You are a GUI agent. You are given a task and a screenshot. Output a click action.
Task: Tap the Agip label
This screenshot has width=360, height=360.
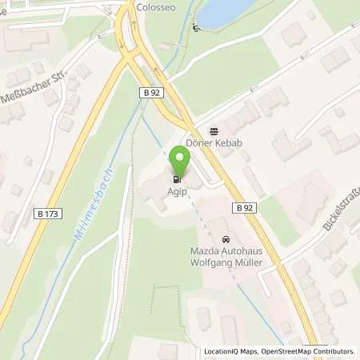(178, 193)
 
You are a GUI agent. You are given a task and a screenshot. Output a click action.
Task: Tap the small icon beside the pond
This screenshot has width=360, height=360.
(197, 28)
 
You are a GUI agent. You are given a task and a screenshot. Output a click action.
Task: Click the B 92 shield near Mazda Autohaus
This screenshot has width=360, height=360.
(245, 208)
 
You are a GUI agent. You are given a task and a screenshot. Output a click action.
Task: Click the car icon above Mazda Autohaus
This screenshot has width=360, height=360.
(226, 239)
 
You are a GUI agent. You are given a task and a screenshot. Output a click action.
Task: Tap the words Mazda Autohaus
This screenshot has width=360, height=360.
(226, 251)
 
